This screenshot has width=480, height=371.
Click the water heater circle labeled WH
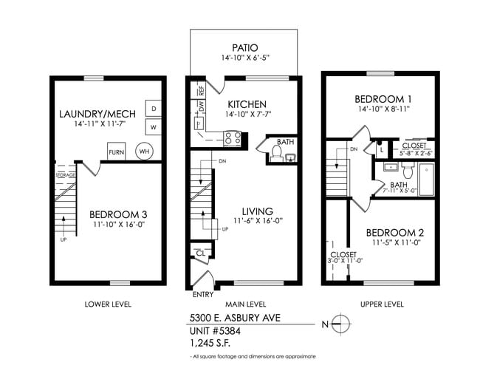coord(145,152)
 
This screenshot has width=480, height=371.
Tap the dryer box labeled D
coord(154,109)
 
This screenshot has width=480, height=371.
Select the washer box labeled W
coord(154,127)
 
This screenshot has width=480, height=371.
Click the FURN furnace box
coord(116,152)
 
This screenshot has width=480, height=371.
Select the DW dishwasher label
coord(201,106)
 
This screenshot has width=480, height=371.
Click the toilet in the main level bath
coord(277,153)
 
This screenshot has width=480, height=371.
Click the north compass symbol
coord(340,322)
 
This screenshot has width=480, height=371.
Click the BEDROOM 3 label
coord(109,214)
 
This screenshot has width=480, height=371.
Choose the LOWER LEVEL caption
coord(108,304)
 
